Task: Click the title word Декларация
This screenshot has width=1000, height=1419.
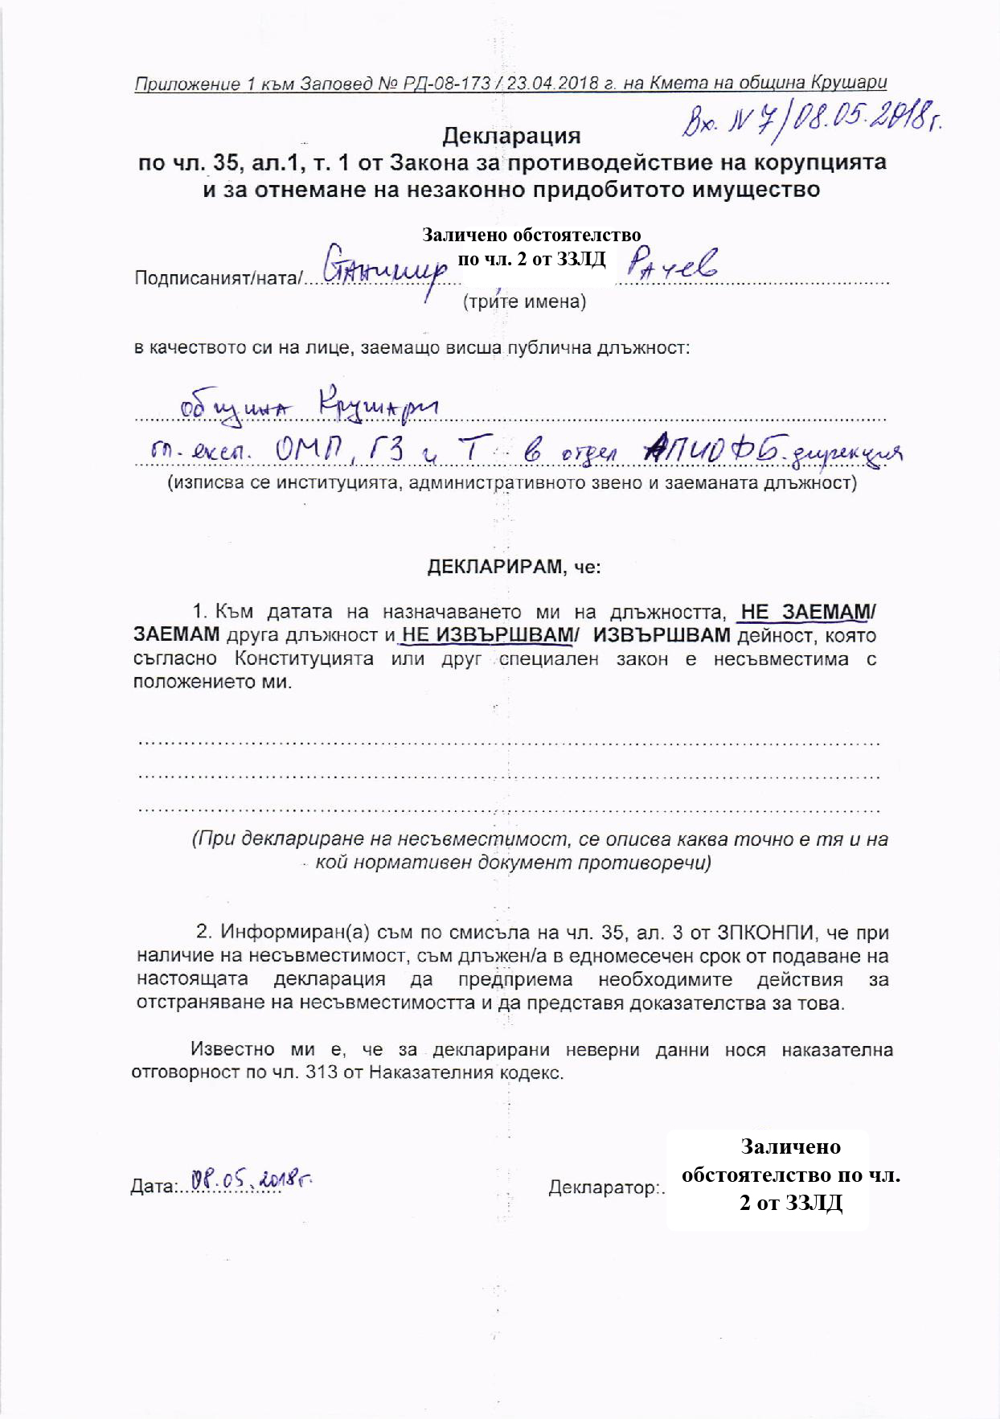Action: click(x=511, y=136)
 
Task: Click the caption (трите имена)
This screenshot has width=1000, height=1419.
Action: click(x=524, y=302)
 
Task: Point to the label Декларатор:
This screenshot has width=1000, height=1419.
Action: click(x=606, y=1187)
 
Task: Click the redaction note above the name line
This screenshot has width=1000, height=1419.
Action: click(x=532, y=247)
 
